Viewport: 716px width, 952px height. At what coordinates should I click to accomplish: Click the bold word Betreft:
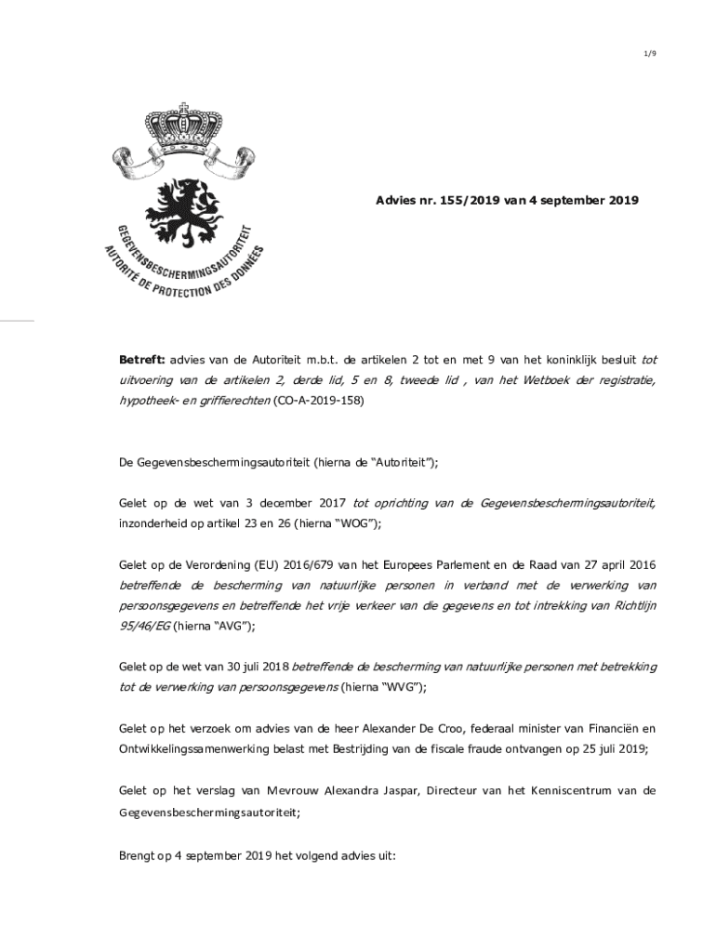(x=140, y=359)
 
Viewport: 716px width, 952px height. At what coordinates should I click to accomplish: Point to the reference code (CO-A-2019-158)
(x=318, y=401)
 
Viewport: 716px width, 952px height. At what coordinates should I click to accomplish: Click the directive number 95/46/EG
(x=143, y=627)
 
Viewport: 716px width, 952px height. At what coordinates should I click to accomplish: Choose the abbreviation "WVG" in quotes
(x=404, y=687)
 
